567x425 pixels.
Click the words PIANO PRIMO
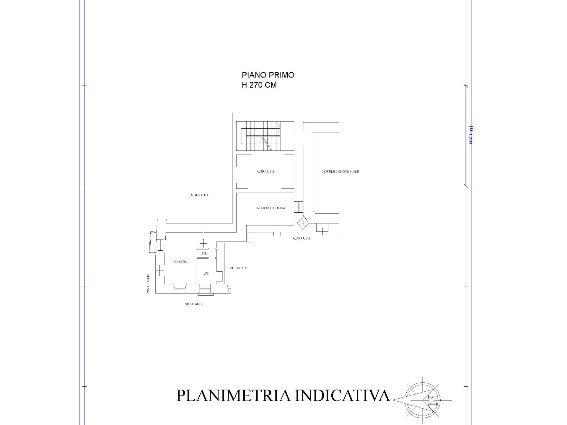(268, 75)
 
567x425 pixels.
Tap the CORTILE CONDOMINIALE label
(340, 172)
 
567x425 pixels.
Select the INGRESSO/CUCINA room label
(271, 208)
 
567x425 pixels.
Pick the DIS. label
(204, 254)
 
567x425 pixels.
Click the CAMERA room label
(180, 262)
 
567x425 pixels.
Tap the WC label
(206, 274)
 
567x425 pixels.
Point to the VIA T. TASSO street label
(148, 283)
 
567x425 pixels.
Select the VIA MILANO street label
(193, 304)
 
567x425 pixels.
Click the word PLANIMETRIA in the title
(233, 396)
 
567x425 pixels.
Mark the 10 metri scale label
(471, 135)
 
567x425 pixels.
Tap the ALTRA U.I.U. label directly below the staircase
(266, 172)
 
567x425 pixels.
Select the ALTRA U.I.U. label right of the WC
(239, 268)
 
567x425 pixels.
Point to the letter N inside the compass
(432, 401)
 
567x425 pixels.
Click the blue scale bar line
(466, 136)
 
